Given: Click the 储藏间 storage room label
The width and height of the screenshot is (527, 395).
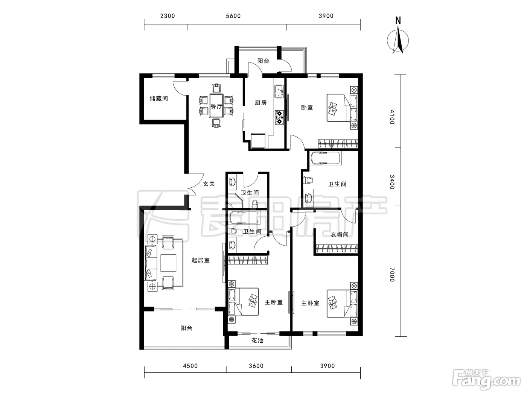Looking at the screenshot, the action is (x=158, y=98).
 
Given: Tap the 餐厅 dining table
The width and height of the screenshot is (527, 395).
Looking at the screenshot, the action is (x=216, y=106).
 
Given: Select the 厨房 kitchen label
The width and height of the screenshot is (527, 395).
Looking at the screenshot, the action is (x=261, y=103).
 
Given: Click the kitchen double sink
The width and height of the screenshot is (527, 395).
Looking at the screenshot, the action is (x=279, y=91).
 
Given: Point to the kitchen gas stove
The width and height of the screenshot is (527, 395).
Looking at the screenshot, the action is (x=279, y=117).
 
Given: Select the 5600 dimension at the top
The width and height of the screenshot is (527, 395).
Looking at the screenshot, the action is (x=233, y=16).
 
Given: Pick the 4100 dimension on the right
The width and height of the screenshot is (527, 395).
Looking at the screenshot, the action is (x=392, y=117).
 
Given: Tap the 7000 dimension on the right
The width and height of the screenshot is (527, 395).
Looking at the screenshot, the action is (x=392, y=274).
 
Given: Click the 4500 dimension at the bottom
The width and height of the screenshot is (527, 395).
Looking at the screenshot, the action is (x=190, y=366).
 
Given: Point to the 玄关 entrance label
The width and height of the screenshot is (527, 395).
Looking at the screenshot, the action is (x=209, y=184).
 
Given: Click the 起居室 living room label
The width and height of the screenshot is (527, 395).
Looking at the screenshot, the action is (x=201, y=260).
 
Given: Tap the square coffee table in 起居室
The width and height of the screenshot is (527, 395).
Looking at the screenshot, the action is (x=168, y=263).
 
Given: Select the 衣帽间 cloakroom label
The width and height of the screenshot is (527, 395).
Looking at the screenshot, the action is (x=339, y=234).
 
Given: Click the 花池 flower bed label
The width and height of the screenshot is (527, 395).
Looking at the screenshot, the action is (x=257, y=340).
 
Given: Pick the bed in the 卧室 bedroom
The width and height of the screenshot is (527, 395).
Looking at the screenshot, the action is (x=342, y=108).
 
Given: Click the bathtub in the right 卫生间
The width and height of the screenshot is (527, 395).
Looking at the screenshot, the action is (x=326, y=158).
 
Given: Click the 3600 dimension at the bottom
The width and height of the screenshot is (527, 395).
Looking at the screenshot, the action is (x=256, y=366).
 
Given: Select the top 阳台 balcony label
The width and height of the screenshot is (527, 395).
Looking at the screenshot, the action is (x=263, y=61).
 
